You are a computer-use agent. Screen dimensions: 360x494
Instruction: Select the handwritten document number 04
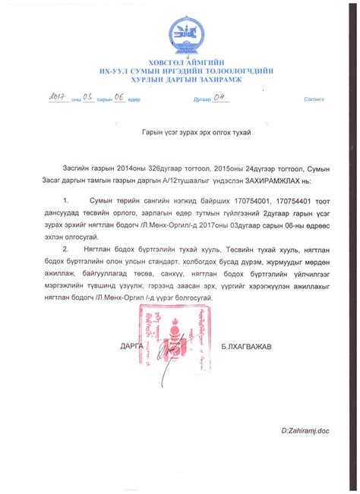219,97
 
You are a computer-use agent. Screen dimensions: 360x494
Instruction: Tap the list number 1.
66,200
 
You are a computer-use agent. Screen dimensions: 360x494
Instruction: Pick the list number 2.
66,247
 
